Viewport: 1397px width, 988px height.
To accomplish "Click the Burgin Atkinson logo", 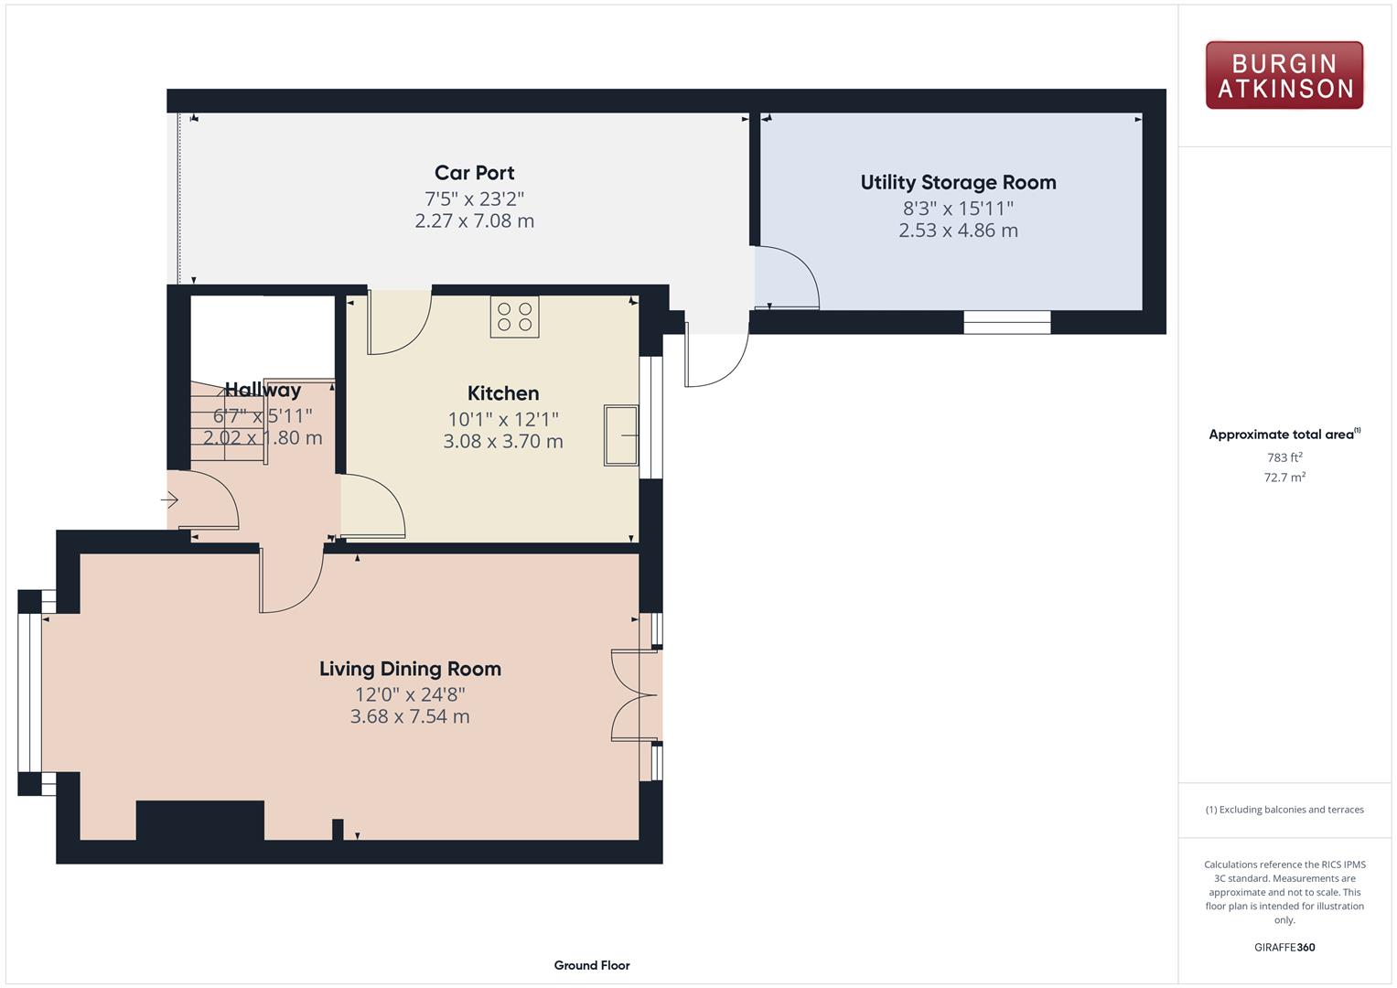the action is pos(1284,75).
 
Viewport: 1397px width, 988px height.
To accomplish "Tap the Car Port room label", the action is pos(474,172).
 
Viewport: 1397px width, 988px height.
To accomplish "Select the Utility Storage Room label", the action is pos(958,182).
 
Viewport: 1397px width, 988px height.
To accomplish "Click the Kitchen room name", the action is pos(502,393).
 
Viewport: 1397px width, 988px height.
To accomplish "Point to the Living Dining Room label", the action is pos(410,669).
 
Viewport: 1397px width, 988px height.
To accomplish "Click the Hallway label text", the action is pos(263,390).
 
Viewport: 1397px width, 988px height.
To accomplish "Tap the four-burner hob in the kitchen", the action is pos(514,317).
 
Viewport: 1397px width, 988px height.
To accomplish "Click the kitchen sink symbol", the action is pos(621,435).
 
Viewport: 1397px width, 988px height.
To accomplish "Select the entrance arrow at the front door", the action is pos(169,499).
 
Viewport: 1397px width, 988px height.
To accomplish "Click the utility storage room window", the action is pos(1006,322).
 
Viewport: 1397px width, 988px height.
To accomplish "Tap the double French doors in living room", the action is pos(635,695).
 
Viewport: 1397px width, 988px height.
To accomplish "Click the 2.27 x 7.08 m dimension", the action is pos(474,220).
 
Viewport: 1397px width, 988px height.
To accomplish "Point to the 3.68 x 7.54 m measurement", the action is pos(410,716).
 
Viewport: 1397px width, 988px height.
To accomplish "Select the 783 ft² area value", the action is pos(1284,457).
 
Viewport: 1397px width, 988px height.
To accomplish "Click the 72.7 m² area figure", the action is pos(1284,478).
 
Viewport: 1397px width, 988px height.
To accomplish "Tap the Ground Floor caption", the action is pos(592,965).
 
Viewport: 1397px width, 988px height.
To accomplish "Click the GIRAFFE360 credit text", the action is pos(1284,947).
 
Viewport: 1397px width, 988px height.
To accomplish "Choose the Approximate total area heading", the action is pos(1284,435).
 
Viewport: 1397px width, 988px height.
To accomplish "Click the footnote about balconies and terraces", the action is pos(1284,810).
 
